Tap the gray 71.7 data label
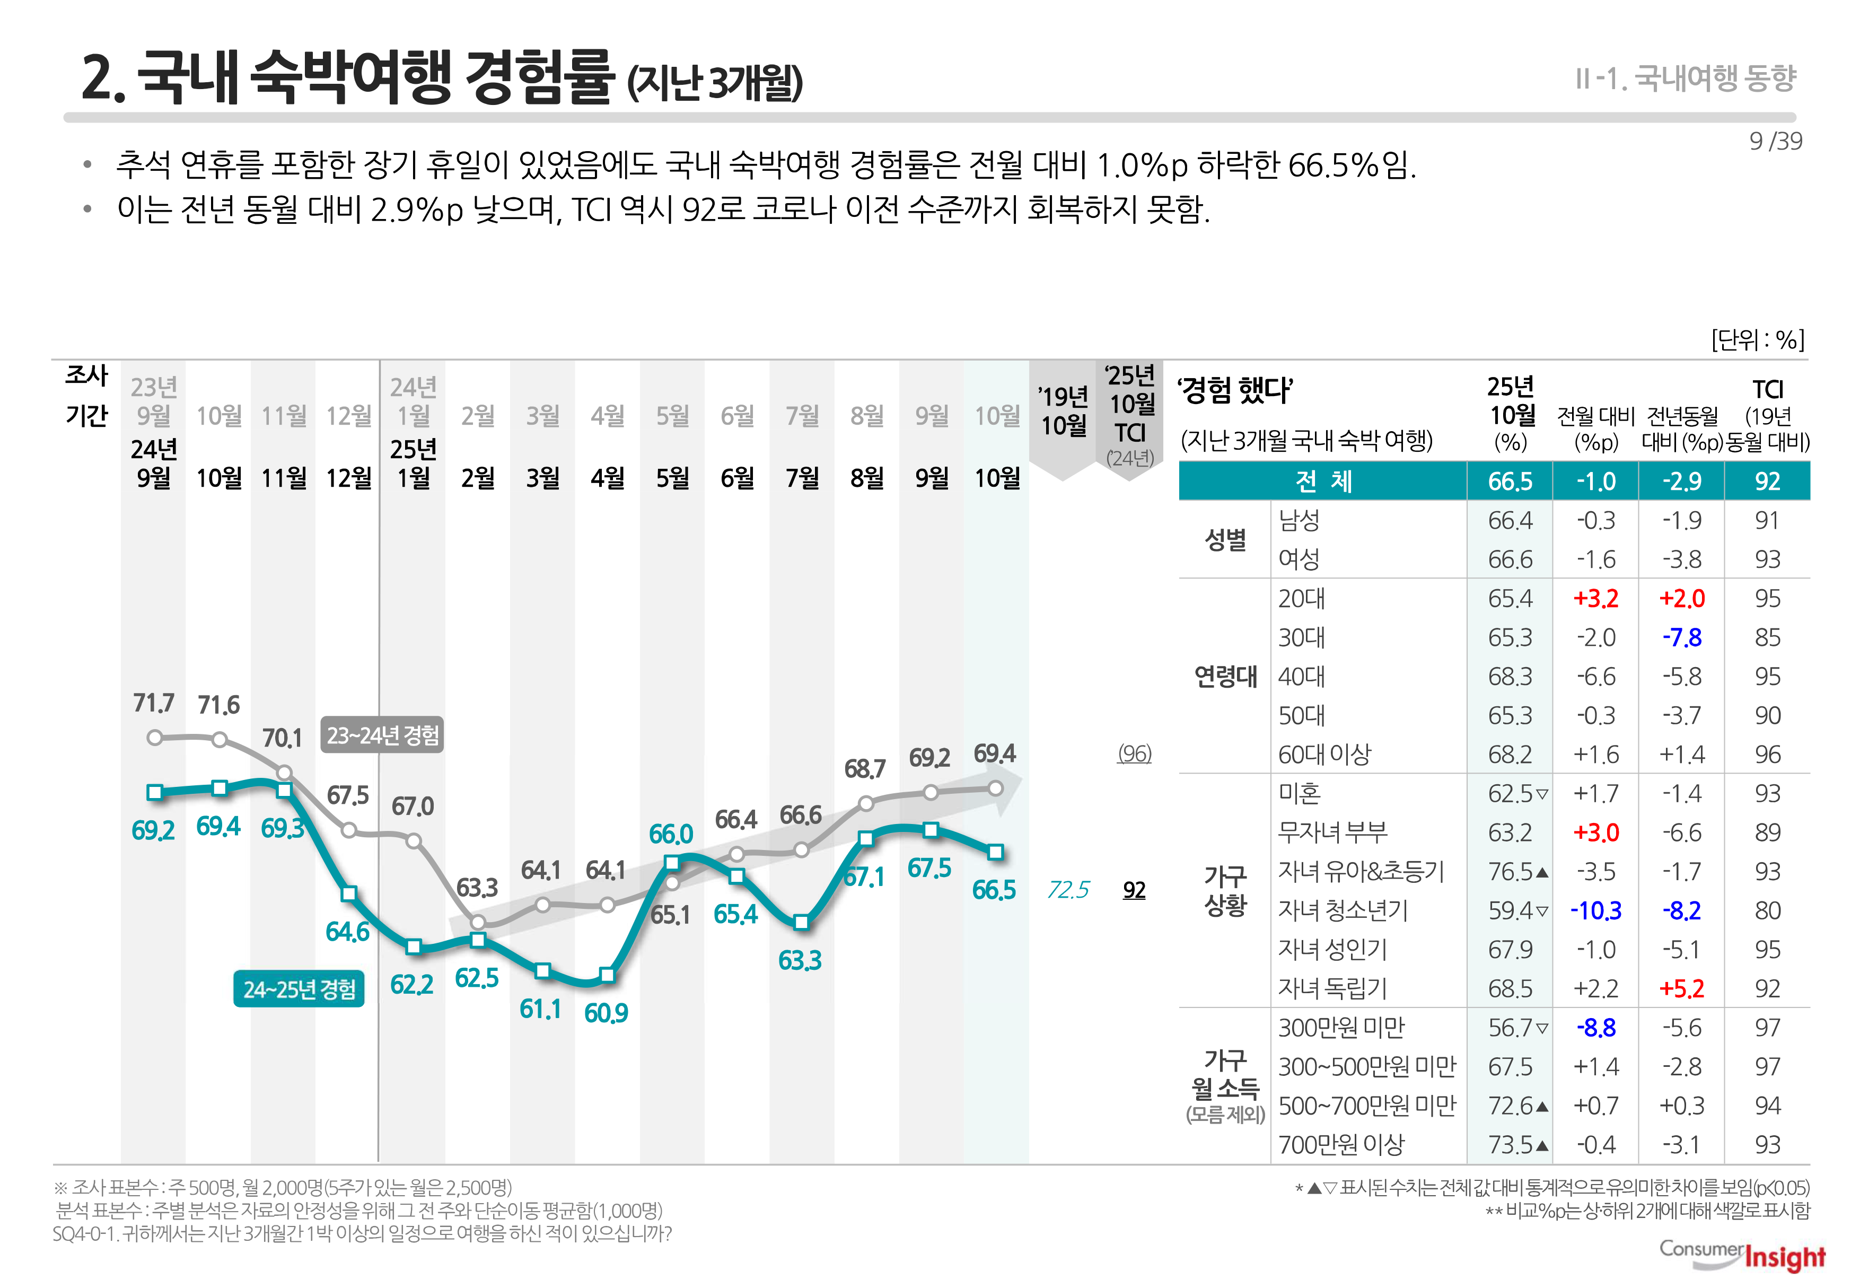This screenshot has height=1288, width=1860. tap(153, 703)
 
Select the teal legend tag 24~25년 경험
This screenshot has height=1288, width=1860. tap(299, 989)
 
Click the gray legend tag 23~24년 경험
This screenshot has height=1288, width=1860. tap(382, 735)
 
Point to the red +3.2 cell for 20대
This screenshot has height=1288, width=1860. tap(1595, 599)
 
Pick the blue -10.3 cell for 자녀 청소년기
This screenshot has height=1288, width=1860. tap(1595, 911)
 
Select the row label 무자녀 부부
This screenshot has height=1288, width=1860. tap(1332, 832)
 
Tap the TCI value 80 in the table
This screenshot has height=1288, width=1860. tap(1766, 911)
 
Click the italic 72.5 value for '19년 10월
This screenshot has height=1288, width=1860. tap(1067, 890)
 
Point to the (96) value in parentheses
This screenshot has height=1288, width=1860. tap(1134, 753)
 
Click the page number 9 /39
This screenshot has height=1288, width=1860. tap(1775, 141)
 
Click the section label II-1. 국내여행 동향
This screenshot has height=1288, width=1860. tap(1685, 78)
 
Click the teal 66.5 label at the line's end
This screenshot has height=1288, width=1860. tap(993, 890)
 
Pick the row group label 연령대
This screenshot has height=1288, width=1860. tap(1225, 676)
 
